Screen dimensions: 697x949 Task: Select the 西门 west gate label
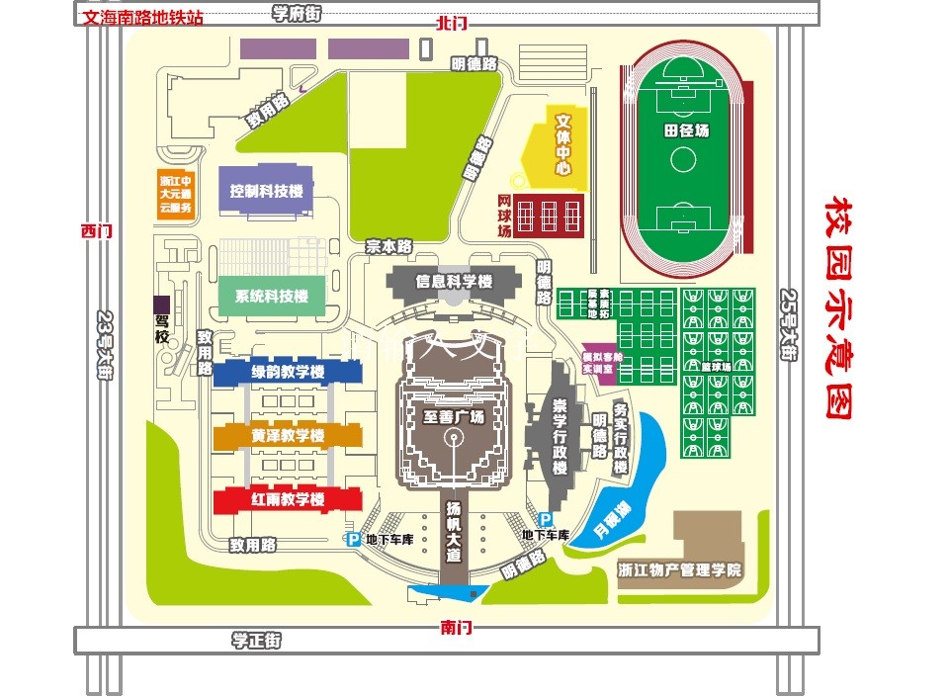click(x=97, y=230)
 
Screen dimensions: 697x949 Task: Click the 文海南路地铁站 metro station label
click(x=144, y=17)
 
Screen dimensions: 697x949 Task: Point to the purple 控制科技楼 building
click(x=266, y=191)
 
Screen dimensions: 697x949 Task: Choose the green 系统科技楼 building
click(x=271, y=296)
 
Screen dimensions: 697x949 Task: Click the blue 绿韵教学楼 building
click(x=288, y=373)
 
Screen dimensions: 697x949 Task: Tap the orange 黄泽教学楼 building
click(x=288, y=436)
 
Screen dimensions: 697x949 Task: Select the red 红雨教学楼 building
click(x=288, y=499)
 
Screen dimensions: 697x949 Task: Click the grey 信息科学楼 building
click(x=454, y=281)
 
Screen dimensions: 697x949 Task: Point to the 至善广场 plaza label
click(x=454, y=416)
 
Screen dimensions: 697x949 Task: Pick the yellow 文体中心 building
click(x=561, y=148)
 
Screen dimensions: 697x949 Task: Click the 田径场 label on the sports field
click(x=686, y=131)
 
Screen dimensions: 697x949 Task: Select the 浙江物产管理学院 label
click(x=679, y=570)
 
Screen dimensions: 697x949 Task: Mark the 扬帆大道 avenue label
click(x=454, y=532)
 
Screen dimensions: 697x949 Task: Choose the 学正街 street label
click(x=257, y=641)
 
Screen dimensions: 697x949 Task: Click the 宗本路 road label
click(x=388, y=246)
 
